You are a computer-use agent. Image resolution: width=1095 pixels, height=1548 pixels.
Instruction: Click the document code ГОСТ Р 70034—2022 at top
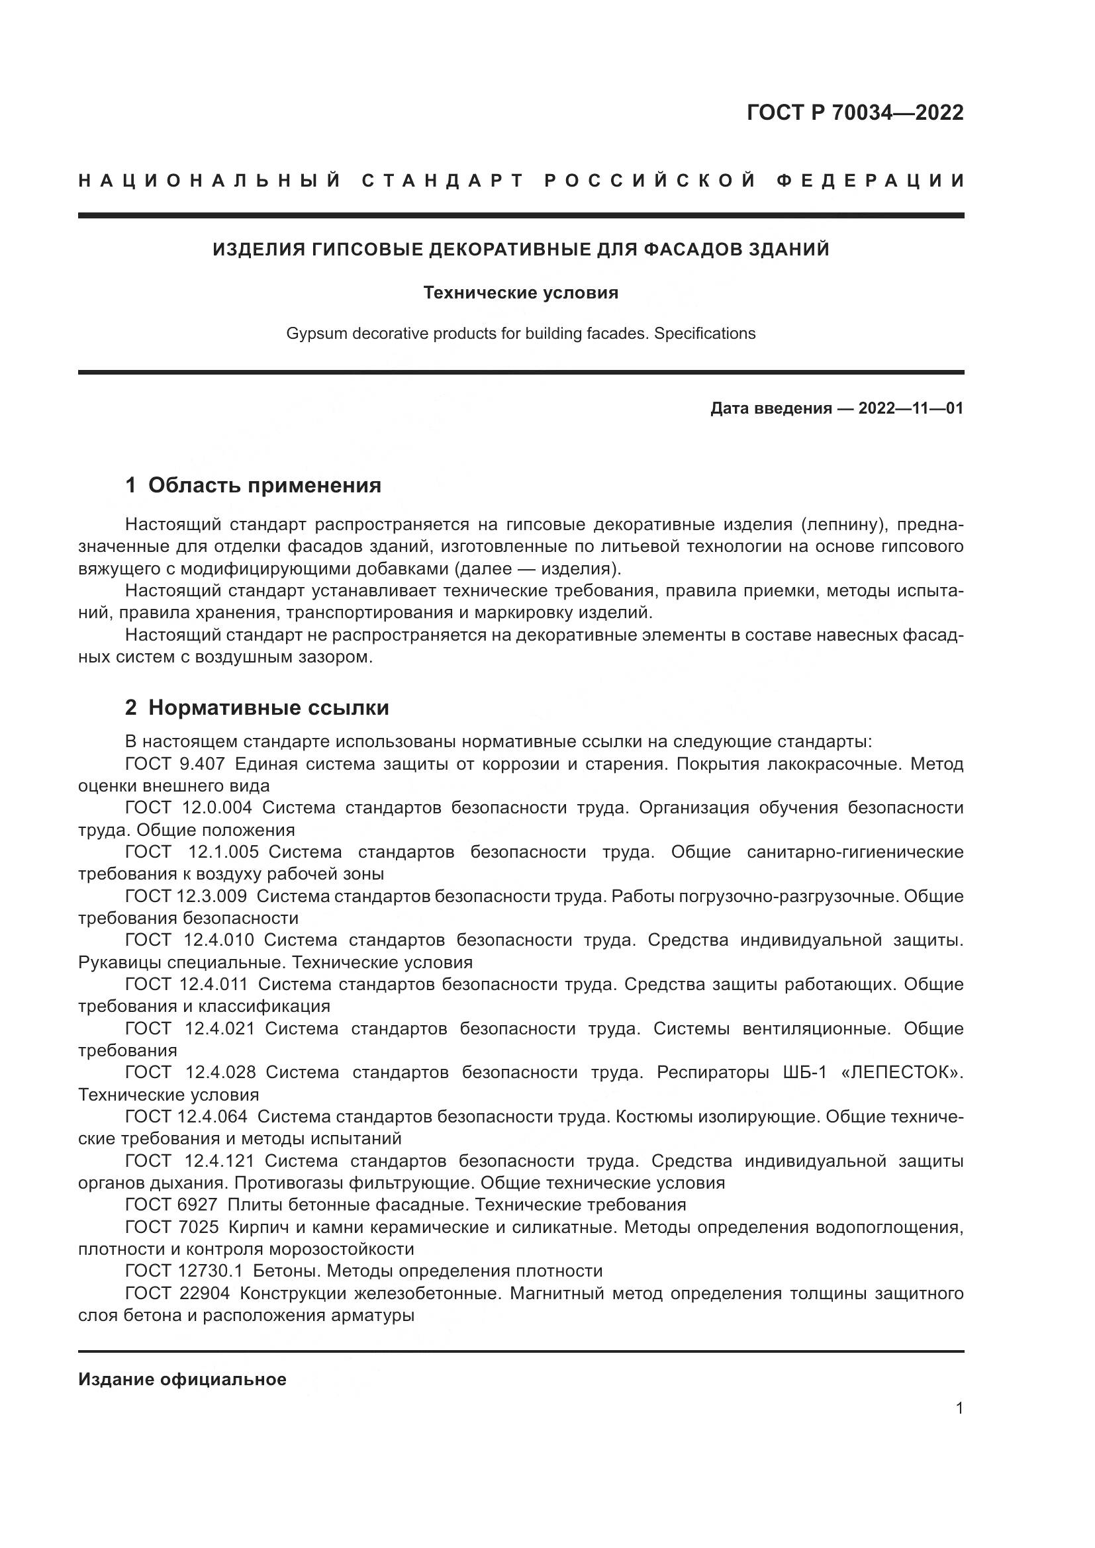click(855, 113)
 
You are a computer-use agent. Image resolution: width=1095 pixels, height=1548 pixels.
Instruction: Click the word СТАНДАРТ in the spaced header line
click(443, 181)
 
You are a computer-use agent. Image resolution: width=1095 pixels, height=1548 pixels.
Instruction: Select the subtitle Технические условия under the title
click(520, 293)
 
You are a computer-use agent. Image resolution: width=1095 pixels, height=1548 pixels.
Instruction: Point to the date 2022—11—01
click(910, 408)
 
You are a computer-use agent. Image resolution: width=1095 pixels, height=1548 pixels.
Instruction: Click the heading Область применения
click(264, 484)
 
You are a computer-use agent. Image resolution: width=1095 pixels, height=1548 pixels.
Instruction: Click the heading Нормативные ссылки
click(268, 707)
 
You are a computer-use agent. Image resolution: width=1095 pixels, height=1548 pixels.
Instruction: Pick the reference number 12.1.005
click(223, 852)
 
